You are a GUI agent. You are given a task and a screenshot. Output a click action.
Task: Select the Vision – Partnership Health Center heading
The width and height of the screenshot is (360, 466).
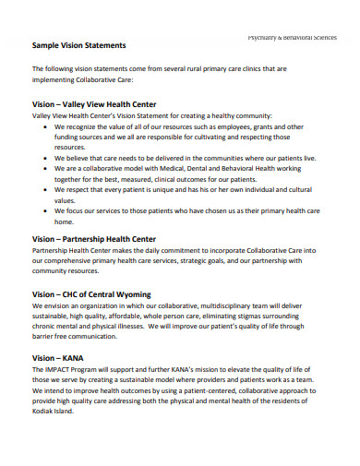[x=93, y=238]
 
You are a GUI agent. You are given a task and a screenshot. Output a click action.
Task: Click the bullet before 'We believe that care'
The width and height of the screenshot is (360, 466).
[x=45, y=158]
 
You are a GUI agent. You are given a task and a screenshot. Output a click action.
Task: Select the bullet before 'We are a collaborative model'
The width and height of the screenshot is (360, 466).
[x=45, y=169]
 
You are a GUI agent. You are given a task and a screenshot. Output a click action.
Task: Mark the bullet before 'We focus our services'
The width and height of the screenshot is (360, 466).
[x=45, y=212]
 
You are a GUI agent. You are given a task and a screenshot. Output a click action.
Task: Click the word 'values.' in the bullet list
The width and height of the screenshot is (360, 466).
[x=65, y=201]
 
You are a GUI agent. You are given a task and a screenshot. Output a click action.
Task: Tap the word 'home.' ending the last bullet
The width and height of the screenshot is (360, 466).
[x=63, y=223]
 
